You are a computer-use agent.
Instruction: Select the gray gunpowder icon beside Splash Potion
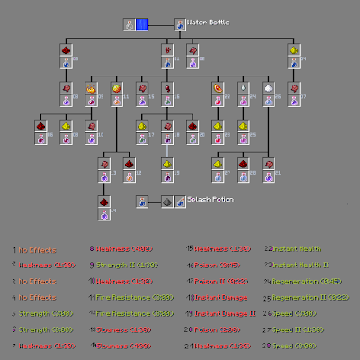tap(167, 202)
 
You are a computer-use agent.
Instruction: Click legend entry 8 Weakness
tap(119, 247)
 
